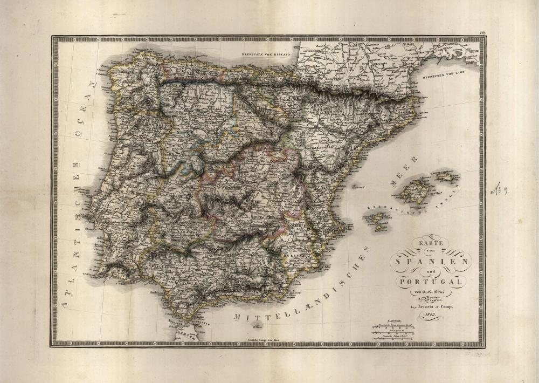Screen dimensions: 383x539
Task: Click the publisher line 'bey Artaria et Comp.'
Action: tap(430, 306)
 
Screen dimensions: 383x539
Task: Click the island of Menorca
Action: tap(445, 176)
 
